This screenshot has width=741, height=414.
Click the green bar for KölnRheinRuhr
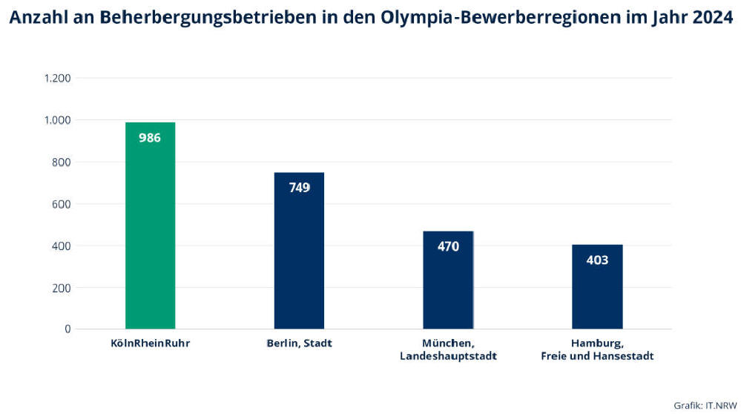pos(150,237)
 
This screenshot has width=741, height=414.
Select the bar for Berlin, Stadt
pos(299,260)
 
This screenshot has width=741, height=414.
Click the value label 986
pos(150,137)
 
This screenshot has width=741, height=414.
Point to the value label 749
pos(299,188)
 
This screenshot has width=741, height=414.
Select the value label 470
pos(448,246)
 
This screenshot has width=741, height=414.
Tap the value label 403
pos(597,260)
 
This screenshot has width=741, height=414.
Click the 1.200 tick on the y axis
pos(57,78)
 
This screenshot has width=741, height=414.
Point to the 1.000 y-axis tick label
pos(57,120)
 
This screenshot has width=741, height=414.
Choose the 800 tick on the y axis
pos(62,162)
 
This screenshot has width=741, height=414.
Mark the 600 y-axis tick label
pos(62,204)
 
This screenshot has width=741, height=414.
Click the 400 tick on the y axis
pos(62,246)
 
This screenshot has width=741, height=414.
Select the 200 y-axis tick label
pos(62,287)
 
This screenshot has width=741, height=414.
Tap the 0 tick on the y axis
pos(67,329)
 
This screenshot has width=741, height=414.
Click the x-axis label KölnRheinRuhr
pos(150,344)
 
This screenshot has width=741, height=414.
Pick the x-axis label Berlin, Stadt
pos(299,344)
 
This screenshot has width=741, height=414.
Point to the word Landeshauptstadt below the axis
pos(448,356)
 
